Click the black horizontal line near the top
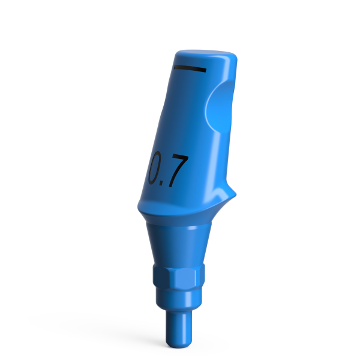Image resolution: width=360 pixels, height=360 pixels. pos(189,68)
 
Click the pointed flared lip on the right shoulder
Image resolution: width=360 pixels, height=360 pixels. pos(233,193)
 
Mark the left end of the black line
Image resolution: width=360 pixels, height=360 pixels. pos(174,68)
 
